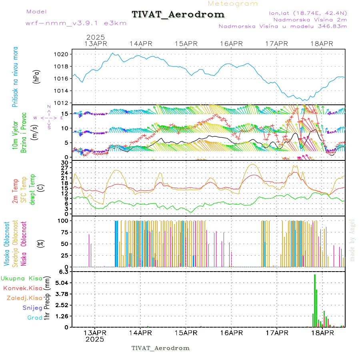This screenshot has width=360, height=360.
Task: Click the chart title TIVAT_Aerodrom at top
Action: point(178,15)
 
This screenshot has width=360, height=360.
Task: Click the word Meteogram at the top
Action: point(233,4)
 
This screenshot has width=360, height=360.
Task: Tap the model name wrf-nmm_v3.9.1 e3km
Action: point(76,23)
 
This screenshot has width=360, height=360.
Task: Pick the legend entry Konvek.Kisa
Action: point(23,288)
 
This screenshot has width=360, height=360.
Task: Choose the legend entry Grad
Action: point(34,318)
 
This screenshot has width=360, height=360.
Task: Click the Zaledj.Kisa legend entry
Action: point(24,298)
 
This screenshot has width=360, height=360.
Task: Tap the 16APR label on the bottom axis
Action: point(231,332)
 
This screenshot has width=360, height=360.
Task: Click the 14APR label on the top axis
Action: point(140,44)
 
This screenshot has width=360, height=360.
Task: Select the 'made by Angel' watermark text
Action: point(352,240)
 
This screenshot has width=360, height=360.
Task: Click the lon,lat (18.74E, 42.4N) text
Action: point(308,13)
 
